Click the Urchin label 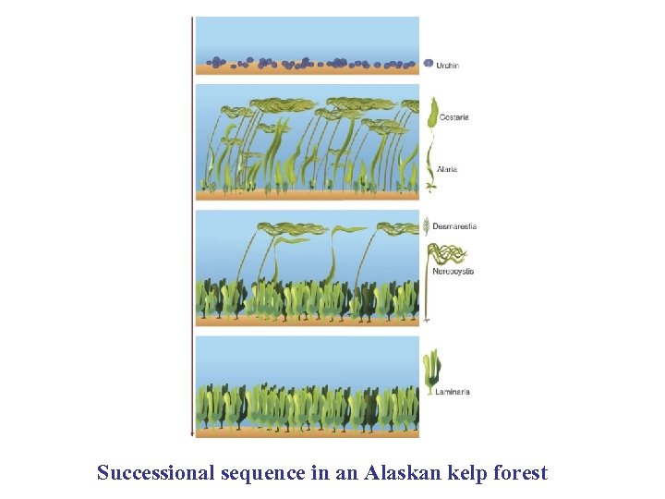tap(448, 66)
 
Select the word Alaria tap(447, 169)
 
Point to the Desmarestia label tap(454, 226)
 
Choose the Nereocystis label tap(453, 271)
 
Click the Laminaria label tap(452, 392)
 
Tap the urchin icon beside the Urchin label tap(429, 64)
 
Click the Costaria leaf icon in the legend tap(431, 113)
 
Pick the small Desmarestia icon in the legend tap(426, 225)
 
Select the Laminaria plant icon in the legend tap(430, 371)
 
